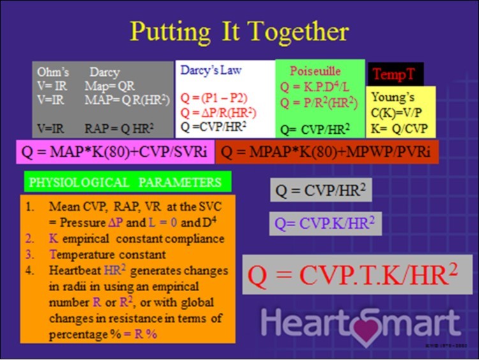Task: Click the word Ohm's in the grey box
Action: pos(53,71)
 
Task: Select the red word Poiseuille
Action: pos(315,71)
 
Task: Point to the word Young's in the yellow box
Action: pos(389,98)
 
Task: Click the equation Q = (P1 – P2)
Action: pos(214,98)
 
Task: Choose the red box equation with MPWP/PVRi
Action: pos(327,153)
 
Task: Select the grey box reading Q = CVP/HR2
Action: pos(322,190)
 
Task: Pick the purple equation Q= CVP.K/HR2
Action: pos(325,223)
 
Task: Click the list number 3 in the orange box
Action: pos(29,255)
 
